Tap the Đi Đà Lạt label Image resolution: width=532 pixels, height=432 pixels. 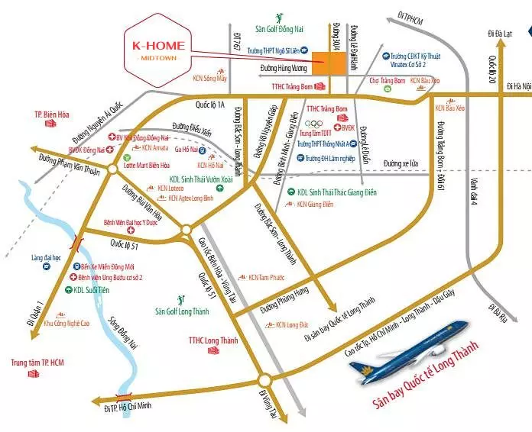coord(504,34)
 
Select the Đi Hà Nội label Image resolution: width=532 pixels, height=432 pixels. coord(514,87)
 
